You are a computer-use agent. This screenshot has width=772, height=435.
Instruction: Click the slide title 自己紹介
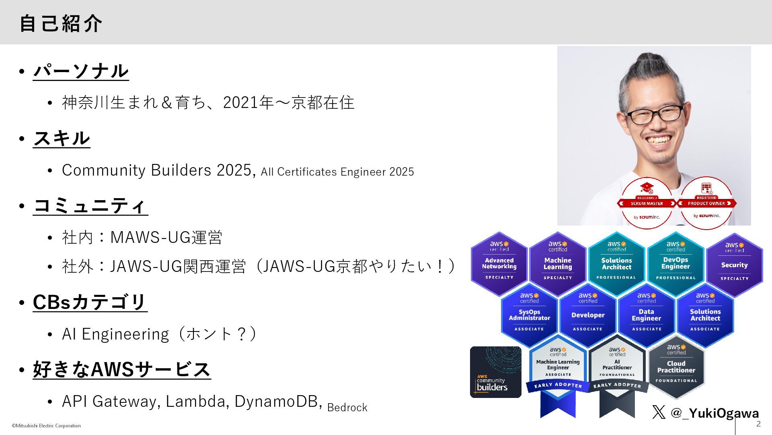coord(61,23)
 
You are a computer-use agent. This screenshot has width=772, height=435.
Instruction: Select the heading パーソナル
coord(81,71)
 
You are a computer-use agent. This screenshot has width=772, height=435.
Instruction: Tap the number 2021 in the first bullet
coord(240,103)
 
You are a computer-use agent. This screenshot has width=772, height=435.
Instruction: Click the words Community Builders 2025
coord(157,170)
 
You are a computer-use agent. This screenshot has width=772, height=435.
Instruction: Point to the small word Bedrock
coord(347,408)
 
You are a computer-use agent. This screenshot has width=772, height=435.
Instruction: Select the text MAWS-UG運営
coord(166,237)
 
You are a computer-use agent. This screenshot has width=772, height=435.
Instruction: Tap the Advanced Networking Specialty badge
coord(499,264)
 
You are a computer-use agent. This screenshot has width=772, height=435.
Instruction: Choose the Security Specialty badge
coord(734,265)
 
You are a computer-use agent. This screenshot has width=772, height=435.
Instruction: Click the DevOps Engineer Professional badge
coord(675,264)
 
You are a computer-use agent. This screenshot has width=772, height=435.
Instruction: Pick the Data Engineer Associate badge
coord(646,315)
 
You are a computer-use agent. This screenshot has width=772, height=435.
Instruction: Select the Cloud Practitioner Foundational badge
coord(676,367)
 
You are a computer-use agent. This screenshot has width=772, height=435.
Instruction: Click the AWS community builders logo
coord(495,372)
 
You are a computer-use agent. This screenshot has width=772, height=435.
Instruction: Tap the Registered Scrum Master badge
coord(647,203)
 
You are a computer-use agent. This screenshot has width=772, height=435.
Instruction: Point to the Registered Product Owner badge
coord(706,203)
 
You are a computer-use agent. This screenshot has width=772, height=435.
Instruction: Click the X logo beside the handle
coord(659,412)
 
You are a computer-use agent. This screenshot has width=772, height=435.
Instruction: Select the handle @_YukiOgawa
coord(715,413)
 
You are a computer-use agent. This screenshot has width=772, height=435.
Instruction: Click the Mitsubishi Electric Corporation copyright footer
coord(46,426)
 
